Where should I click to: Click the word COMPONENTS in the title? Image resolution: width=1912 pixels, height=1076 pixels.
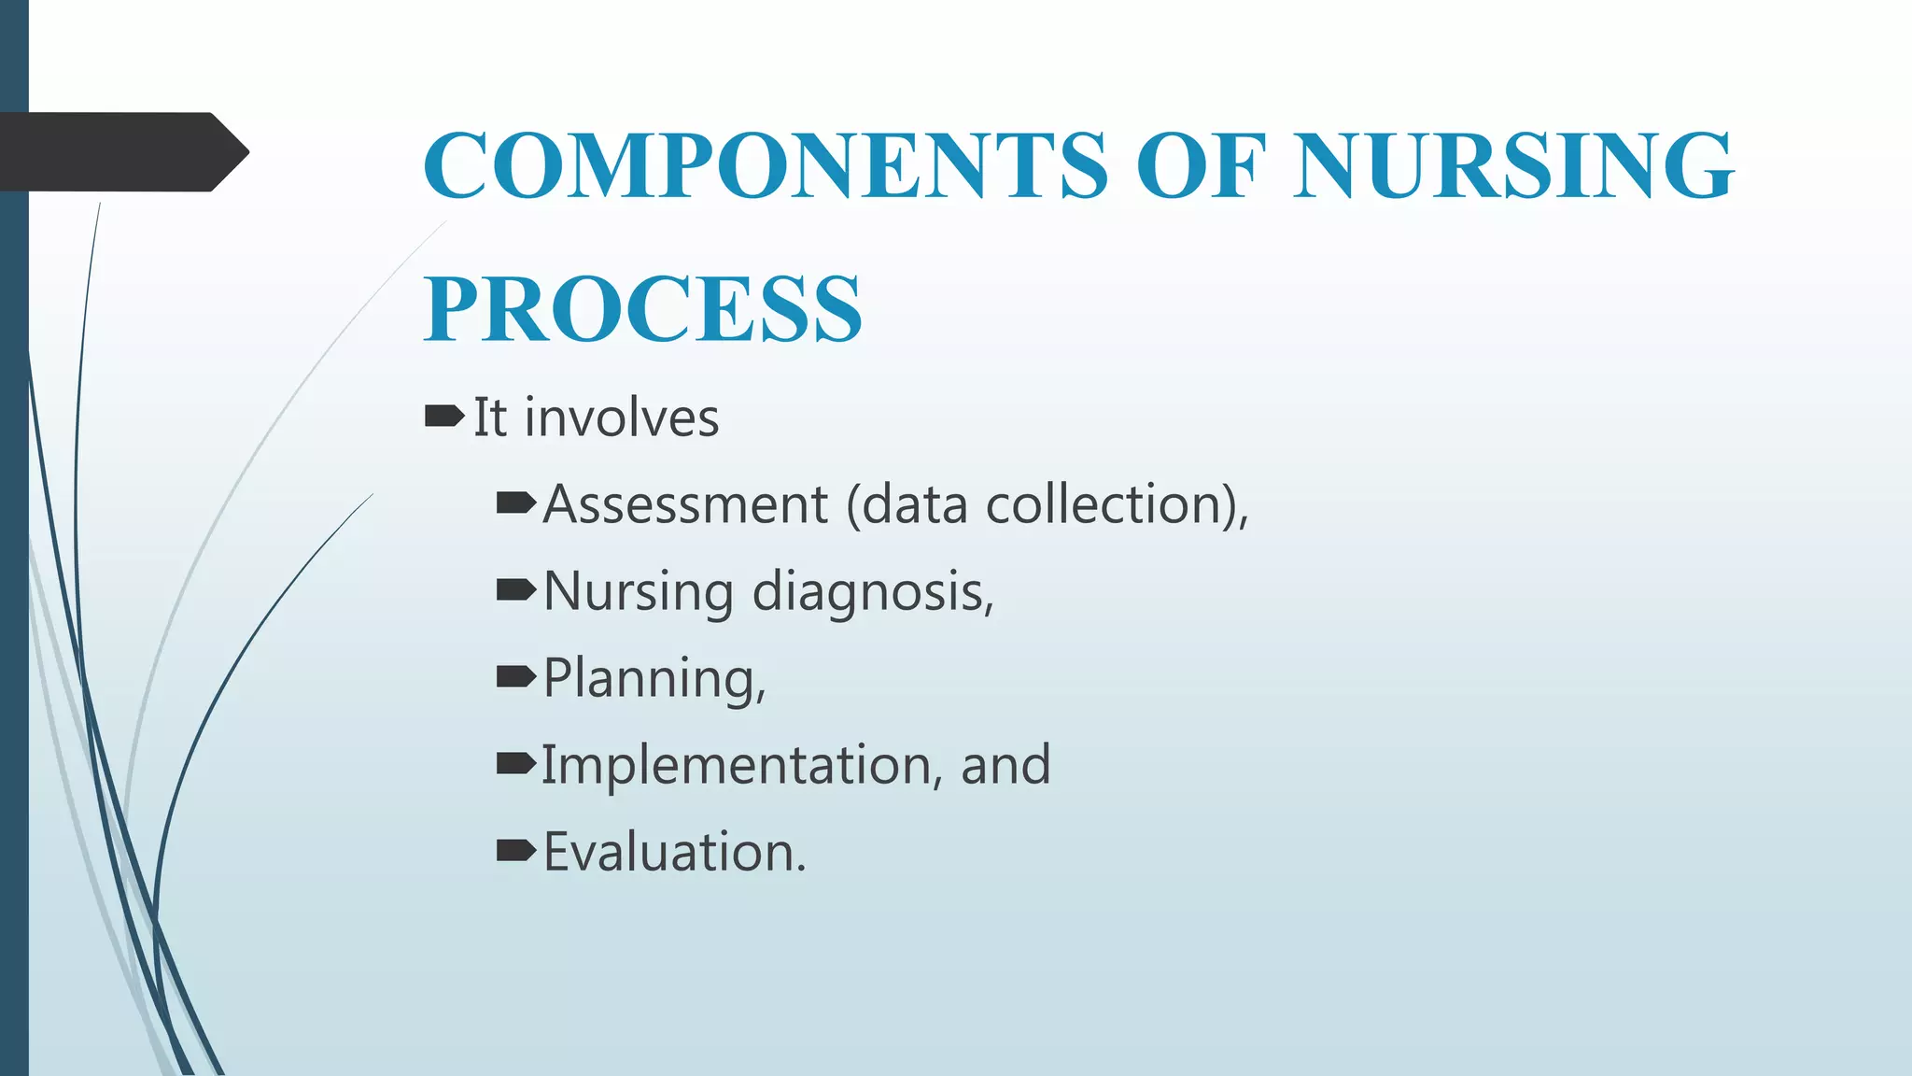point(766,165)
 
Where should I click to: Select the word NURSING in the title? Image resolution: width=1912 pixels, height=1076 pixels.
point(1513,165)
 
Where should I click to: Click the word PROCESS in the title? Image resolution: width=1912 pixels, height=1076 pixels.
point(643,309)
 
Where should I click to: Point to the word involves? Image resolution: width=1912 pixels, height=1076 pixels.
point(622,418)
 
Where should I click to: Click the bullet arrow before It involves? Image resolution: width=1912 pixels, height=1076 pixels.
point(443,416)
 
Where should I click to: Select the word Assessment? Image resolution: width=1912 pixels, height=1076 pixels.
point(685,504)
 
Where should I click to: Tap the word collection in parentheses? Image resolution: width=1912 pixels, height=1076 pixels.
point(1104,504)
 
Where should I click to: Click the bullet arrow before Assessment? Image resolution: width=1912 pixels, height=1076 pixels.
point(515,504)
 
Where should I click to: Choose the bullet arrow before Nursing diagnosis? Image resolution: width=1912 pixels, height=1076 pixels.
point(515,590)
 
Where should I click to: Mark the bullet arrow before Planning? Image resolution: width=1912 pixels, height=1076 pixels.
point(515,677)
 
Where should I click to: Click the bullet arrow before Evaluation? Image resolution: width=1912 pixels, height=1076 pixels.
point(515,850)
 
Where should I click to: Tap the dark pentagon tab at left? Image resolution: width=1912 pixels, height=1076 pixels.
point(121,152)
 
